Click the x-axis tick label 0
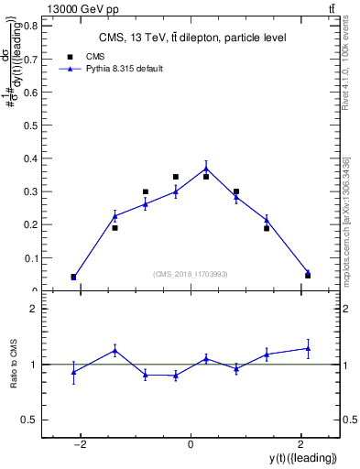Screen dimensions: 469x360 point(190,445)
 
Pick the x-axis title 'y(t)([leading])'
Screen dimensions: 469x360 point(301,458)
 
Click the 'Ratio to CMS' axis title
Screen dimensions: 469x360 point(14,365)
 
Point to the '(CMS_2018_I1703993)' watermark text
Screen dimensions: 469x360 point(191,274)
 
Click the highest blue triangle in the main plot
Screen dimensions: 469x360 point(206,168)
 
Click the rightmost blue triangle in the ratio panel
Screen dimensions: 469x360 point(308,348)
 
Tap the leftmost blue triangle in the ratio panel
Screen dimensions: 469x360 point(73,372)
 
